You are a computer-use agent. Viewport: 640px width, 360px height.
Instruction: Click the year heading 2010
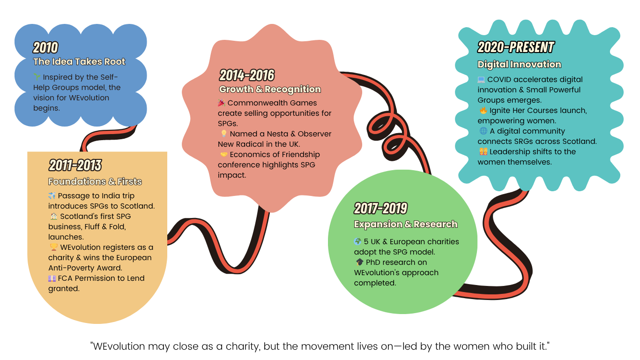[45, 47]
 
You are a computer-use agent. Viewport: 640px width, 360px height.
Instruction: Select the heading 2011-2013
[75, 165]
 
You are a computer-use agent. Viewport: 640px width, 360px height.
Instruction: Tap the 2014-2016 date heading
[246, 75]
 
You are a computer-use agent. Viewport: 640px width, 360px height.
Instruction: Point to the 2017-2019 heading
[380, 208]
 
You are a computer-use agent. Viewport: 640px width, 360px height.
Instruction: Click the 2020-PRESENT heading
[515, 47]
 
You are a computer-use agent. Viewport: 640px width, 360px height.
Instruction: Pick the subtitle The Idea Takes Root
[79, 61]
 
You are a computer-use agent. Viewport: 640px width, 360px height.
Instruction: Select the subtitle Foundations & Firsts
[95, 181]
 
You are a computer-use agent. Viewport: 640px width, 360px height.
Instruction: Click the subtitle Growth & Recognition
[270, 89]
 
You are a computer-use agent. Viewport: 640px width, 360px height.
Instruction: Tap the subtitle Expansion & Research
[405, 224]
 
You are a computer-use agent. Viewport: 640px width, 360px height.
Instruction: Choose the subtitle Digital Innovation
[519, 64]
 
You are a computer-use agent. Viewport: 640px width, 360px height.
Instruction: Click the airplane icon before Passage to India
[52, 196]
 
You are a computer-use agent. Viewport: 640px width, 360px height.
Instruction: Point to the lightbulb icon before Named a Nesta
[224, 134]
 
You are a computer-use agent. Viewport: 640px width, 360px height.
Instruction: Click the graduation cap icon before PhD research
[359, 262]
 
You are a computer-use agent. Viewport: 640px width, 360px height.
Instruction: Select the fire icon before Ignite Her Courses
[483, 111]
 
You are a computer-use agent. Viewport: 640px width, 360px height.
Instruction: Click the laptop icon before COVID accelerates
[482, 80]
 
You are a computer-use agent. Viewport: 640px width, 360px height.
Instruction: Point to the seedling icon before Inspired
[37, 77]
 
